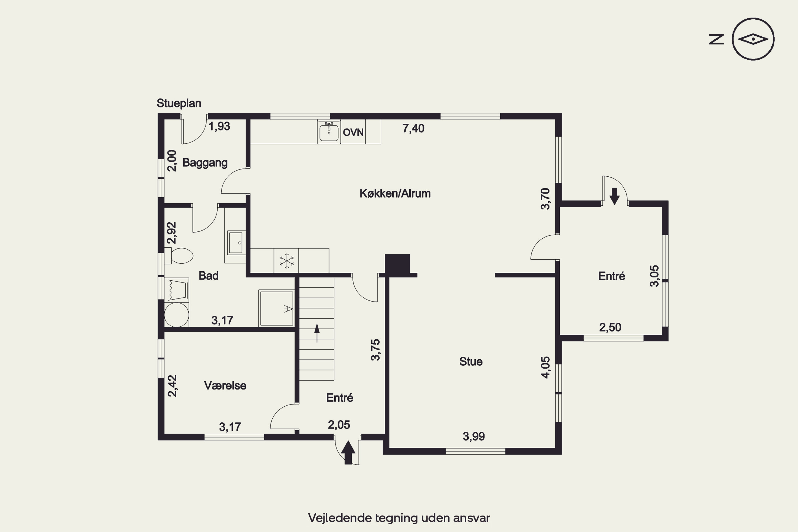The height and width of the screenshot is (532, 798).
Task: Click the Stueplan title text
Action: point(179,103)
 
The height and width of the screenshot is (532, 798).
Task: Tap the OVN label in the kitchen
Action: point(353,132)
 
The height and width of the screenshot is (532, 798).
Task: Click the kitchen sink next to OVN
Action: point(329,132)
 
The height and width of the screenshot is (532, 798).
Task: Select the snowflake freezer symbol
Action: point(287,261)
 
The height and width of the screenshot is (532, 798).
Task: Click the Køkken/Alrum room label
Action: point(395,193)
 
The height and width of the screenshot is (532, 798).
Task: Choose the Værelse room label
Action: point(225,385)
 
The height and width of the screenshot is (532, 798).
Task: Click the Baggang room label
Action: point(205,163)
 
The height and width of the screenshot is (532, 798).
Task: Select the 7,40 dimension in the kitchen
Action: point(413,128)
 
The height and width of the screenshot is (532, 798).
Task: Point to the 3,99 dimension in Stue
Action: point(474,436)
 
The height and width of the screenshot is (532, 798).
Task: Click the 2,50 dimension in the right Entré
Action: point(610,327)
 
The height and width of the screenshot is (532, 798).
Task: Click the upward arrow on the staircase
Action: point(317,333)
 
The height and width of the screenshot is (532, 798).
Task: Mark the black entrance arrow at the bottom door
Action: point(348,452)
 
